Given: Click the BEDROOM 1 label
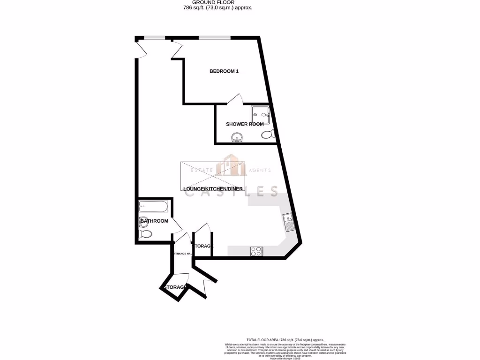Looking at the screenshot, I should pos(224,71).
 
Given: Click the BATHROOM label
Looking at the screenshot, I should pos(154,221).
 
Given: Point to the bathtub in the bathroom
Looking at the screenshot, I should pos(153,206).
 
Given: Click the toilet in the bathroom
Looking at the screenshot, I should pos(144,233).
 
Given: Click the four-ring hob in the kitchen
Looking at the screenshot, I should pos(256,251).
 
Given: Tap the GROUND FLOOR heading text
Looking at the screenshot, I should pos(213,2).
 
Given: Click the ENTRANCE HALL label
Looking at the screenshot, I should pos(182,254).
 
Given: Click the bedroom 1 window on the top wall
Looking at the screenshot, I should pos(214,37).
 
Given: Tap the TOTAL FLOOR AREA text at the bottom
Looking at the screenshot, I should pos(285,340).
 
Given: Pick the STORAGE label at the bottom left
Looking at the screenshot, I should pos(175,287).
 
